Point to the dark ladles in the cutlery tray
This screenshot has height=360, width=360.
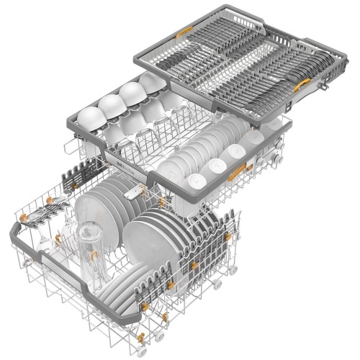295,86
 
